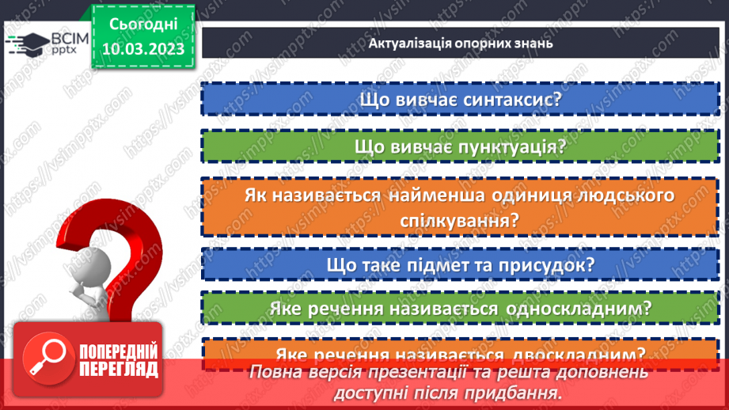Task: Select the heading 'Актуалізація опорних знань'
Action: click(x=460, y=43)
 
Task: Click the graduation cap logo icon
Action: click(x=23, y=43)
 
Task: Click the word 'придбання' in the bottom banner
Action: click(x=518, y=393)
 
